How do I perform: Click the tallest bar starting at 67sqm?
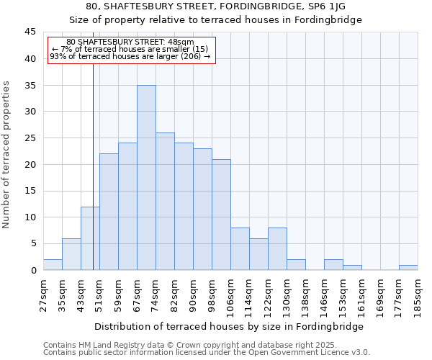coord(146,178)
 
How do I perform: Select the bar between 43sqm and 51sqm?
coord(90,238)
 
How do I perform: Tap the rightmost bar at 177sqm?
coord(408,267)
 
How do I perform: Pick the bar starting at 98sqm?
coord(221,215)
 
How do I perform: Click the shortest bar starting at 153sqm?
coord(352,267)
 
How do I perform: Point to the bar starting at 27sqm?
coord(53,264)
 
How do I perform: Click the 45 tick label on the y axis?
coord(30,32)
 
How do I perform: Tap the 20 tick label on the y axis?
coord(30,164)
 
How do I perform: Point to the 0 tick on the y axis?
coord(33,270)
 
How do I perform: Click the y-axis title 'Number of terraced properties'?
coord(6,155)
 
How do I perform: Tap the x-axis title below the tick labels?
coord(229,326)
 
